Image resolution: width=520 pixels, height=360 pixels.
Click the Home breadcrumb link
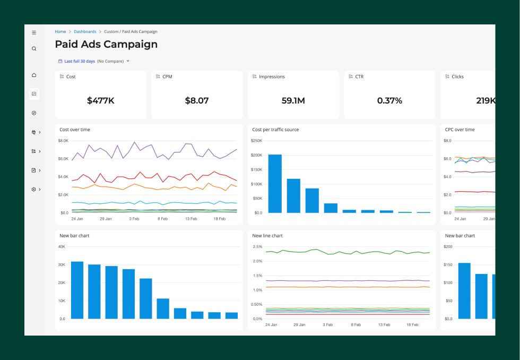tap(60, 32)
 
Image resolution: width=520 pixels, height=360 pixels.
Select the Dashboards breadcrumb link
tap(85, 32)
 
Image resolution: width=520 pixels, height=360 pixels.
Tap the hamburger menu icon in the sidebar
tap(34, 32)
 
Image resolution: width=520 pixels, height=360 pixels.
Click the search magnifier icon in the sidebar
tap(34, 49)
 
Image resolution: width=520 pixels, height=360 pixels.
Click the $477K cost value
tap(100, 100)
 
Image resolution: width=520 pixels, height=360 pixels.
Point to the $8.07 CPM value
tap(196, 100)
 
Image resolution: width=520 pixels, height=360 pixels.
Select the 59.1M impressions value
tap(293, 100)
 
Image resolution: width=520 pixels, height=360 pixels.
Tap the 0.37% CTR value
tap(389, 100)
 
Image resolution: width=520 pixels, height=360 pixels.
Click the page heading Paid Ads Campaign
tap(106, 45)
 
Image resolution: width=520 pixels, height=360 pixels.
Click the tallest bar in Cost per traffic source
tap(275, 183)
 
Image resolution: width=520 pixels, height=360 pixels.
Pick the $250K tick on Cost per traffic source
tap(257, 141)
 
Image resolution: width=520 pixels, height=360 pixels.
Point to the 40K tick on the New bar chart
tap(62, 246)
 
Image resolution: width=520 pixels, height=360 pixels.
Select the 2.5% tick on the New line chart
tap(257, 246)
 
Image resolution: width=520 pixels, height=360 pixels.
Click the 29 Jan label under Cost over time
tap(106, 218)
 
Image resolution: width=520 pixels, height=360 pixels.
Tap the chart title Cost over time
tap(75, 130)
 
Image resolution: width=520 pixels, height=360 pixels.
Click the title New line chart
tap(267, 235)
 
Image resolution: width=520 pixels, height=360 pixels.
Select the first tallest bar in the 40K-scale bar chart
tap(77, 290)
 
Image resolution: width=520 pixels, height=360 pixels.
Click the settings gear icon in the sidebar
tap(34, 190)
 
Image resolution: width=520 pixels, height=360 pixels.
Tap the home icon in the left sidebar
tap(34, 75)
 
